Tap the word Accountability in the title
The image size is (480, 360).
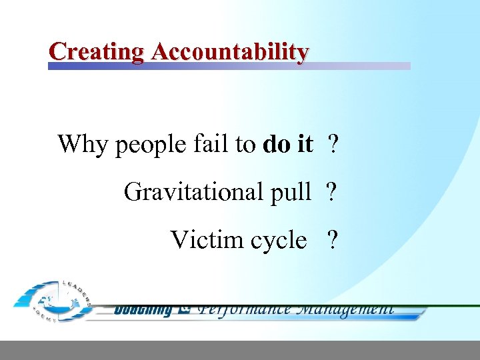(230, 51)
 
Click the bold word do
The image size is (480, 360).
(277, 143)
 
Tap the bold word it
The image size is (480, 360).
(305, 143)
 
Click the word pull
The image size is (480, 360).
(290, 192)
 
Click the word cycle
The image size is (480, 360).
(278, 240)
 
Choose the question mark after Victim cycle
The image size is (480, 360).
(332, 239)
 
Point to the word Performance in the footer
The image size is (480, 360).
(246, 309)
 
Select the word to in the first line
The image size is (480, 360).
(245, 144)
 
